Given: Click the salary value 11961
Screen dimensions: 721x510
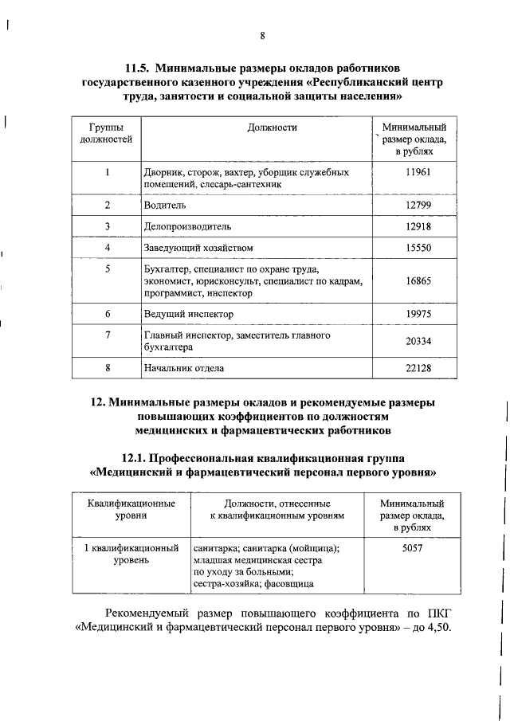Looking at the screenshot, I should click(x=418, y=172).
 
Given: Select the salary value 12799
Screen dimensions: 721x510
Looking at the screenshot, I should click(x=418, y=206).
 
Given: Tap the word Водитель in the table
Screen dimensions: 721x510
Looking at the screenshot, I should click(x=165, y=206).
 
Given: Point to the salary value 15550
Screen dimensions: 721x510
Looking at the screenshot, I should click(x=418, y=249).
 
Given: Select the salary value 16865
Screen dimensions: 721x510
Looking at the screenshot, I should click(x=418, y=281).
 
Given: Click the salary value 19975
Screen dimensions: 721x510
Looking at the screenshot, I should click(x=418, y=315).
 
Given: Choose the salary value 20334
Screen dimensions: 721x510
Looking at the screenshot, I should click(x=418, y=342).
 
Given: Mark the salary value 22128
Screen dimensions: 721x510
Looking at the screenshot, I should click(x=418, y=368).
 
